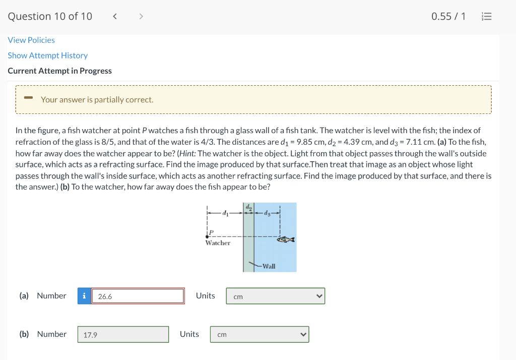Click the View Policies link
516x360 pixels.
(31, 40)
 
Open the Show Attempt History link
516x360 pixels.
(47, 55)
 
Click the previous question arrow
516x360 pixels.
(115, 17)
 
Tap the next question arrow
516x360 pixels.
(141, 17)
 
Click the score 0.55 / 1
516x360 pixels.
(448, 17)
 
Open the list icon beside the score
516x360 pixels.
(486, 17)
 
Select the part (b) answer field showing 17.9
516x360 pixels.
(123, 334)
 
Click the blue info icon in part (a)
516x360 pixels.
(84, 296)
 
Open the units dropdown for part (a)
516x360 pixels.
(275, 296)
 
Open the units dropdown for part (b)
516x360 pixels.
(259, 334)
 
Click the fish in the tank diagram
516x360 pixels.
(286, 239)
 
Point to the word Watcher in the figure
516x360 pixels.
(218, 243)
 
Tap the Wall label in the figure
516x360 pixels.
(269, 266)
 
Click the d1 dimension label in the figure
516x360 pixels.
(225, 213)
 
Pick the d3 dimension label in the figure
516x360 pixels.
(267, 213)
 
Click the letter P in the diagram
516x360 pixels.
(212, 232)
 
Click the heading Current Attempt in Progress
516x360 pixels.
(59, 71)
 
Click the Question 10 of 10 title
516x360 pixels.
(50, 17)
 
